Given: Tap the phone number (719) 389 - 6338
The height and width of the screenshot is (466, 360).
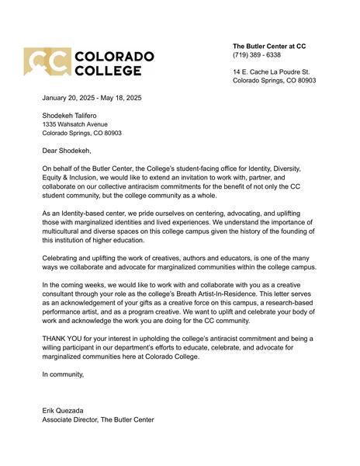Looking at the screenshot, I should [257, 55].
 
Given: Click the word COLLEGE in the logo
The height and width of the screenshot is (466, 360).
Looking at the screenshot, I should [109, 71].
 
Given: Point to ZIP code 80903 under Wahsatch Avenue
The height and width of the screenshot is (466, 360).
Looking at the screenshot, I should [111, 133].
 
